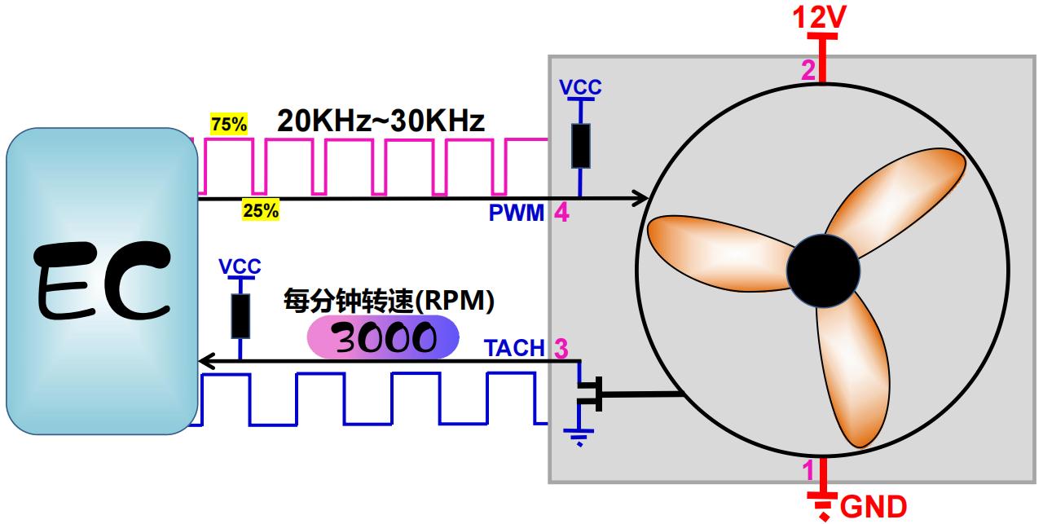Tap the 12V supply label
(821, 16)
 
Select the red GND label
(873, 506)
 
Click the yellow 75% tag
(229, 125)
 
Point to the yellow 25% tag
(261, 210)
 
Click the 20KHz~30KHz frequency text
(381, 121)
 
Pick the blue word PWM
(516, 214)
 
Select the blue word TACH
(514, 348)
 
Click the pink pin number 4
(561, 214)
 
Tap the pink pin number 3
(561, 348)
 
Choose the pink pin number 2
(808, 70)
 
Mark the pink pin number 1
(808, 470)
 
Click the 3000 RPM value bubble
(383, 337)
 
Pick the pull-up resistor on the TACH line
(240, 316)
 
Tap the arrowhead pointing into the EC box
(207, 361)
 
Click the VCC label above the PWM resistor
(580, 88)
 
